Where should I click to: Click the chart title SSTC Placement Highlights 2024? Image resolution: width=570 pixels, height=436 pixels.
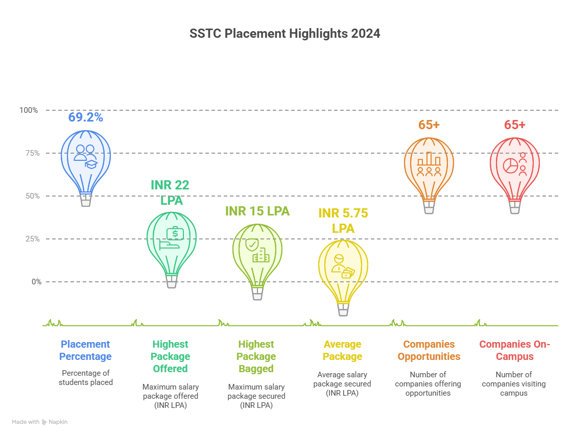point(284,33)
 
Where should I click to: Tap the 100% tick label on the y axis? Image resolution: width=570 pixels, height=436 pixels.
point(29,110)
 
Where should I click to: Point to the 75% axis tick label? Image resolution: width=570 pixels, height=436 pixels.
point(32,153)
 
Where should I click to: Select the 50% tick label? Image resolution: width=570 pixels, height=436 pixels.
point(32,196)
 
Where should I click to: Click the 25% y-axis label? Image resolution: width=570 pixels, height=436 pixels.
point(32,239)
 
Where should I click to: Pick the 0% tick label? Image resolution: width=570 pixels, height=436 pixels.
point(37,282)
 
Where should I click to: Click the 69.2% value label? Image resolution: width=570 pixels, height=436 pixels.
point(86,117)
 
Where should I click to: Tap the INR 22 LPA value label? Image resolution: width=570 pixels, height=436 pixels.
point(171,192)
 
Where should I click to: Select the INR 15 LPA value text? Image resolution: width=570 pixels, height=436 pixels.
point(257,211)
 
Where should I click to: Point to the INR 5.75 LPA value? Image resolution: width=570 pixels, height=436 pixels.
point(343,221)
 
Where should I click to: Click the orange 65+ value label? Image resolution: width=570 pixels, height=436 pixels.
point(429,125)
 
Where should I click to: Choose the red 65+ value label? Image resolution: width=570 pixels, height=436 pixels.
point(515,125)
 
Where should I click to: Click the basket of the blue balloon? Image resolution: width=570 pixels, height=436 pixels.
point(86,200)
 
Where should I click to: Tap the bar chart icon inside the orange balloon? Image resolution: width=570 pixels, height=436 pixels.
point(429,159)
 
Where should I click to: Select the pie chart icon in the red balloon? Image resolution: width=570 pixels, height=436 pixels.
point(510,166)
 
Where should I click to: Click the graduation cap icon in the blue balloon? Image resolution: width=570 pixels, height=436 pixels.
point(91,164)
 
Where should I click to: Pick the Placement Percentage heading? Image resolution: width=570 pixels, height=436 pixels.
point(85,350)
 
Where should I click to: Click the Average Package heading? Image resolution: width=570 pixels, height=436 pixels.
point(342,350)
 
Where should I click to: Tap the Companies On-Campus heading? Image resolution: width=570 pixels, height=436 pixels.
point(515,350)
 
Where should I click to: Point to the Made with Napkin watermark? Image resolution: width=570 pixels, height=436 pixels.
point(40,422)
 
